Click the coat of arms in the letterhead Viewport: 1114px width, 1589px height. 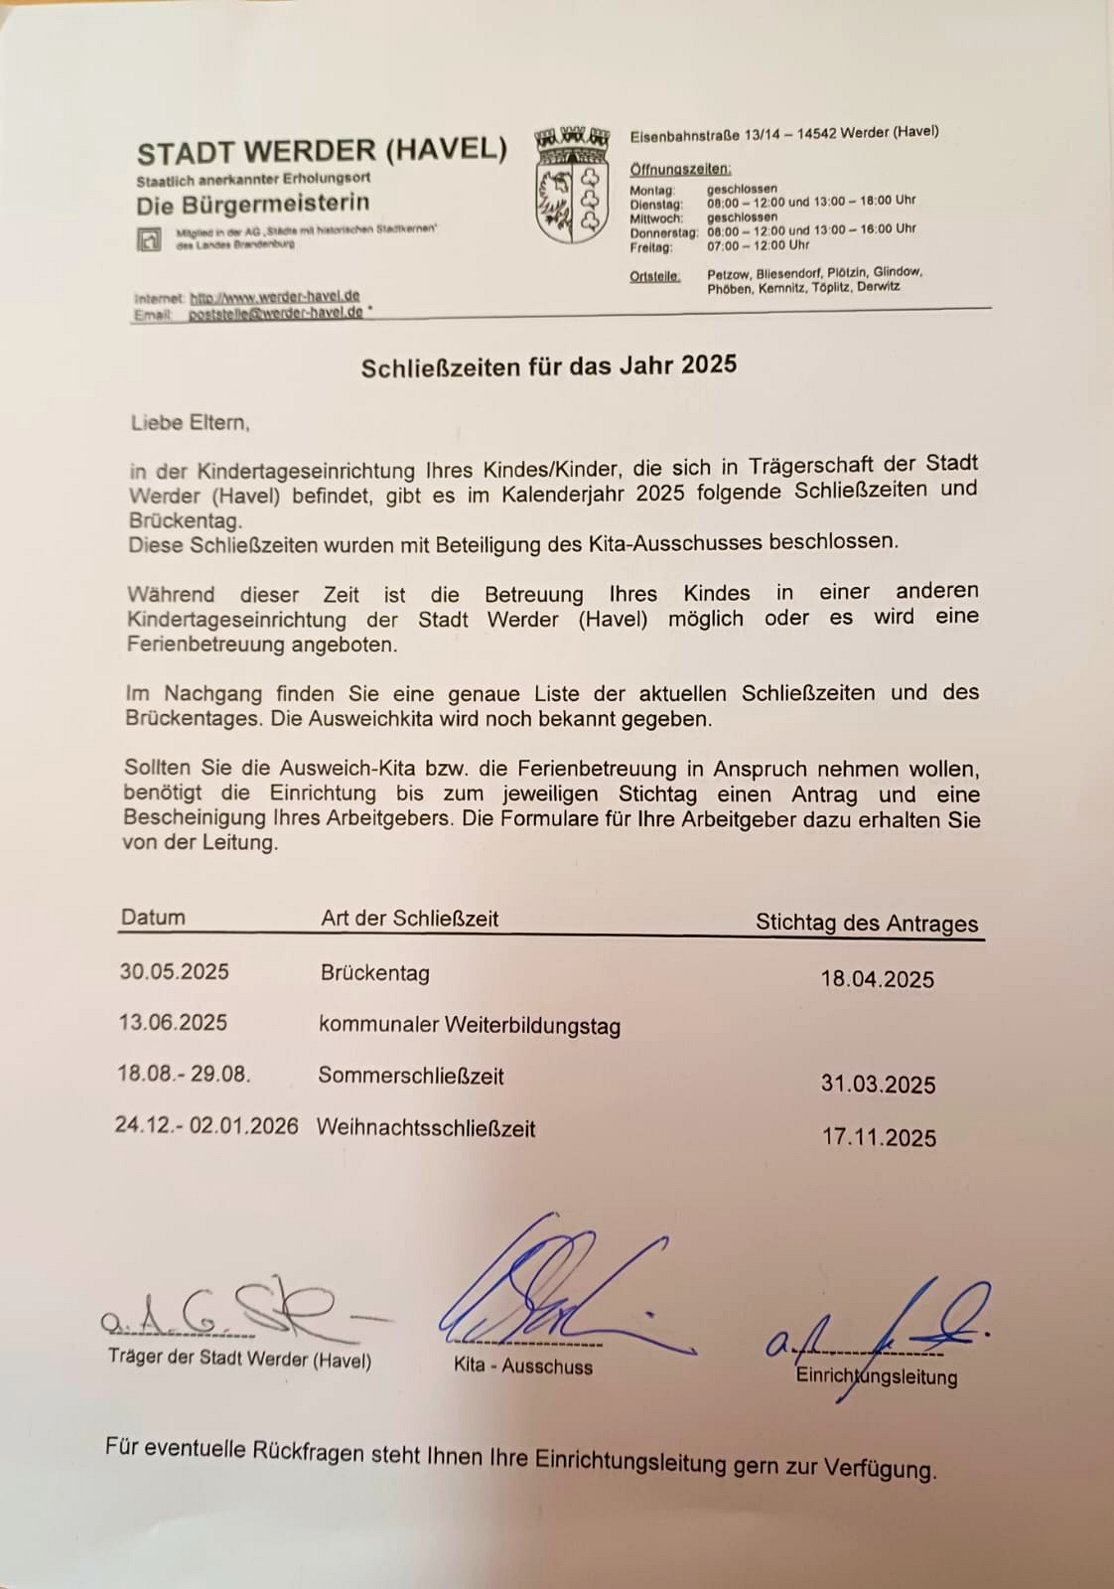[571, 185]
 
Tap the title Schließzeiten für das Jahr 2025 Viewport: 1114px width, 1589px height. [548, 366]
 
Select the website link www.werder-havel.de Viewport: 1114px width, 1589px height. [274, 296]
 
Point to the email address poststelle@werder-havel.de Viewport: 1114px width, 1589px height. [275, 313]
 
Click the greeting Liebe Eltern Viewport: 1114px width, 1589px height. [190, 422]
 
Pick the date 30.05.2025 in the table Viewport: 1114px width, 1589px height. [174, 971]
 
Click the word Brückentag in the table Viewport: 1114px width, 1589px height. [374, 973]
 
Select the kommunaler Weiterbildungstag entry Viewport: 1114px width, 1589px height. [469, 1025]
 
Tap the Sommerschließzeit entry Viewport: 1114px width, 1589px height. [410, 1077]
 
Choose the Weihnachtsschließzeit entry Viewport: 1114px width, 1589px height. [425, 1129]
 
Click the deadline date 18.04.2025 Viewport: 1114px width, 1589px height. [877, 979]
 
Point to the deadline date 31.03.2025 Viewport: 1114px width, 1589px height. [878, 1083]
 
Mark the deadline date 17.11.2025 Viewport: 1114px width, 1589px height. [879, 1137]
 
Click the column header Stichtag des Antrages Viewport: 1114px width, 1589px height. [866, 923]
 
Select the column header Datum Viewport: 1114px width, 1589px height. [153, 918]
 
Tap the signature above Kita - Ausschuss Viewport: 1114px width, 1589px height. [556, 1291]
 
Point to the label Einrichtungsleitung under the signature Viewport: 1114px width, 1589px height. [877, 1376]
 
